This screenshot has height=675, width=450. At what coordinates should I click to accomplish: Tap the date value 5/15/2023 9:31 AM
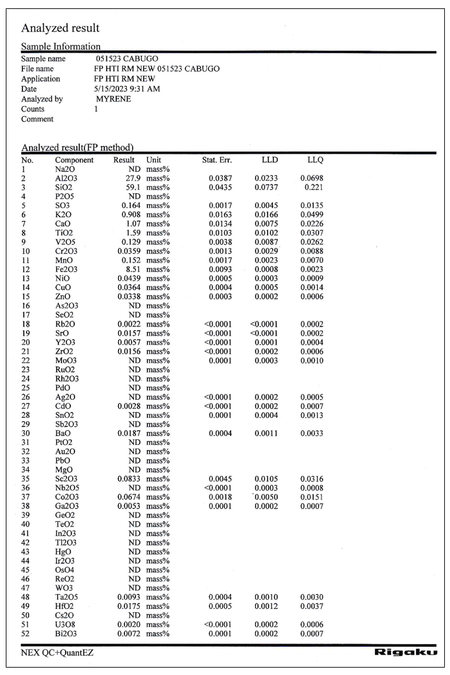(x=127, y=89)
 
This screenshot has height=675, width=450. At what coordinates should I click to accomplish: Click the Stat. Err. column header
(x=217, y=160)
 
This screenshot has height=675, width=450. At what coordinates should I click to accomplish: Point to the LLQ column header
(x=315, y=160)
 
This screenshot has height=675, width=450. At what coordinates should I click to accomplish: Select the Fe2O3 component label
(x=66, y=269)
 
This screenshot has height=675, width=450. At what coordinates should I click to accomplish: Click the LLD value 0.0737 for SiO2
(x=266, y=187)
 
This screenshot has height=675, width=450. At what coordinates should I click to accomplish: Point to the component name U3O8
(x=65, y=624)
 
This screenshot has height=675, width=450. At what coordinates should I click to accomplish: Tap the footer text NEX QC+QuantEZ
(x=57, y=653)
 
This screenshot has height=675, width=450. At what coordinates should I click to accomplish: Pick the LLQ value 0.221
(x=314, y=187)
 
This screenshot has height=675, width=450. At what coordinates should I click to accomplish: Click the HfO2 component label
(x=64, y=606)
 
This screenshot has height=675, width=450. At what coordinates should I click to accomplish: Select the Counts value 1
(x=96, y=109)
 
